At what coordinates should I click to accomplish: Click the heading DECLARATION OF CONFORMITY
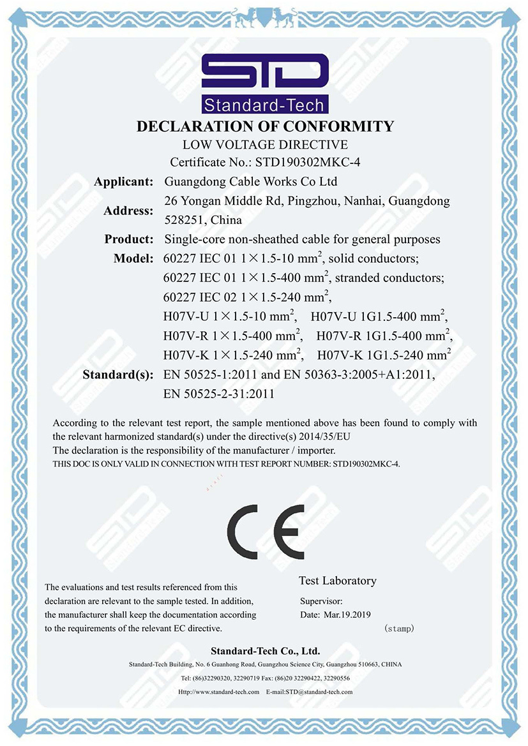tap(265, 126)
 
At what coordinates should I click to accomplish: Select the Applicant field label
tap(123, 182)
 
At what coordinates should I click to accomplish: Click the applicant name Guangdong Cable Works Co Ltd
tap(251, 182)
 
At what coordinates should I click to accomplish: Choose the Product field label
tap(129, 239)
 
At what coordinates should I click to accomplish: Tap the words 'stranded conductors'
tap(389, 278)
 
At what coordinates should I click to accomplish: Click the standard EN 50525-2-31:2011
tap(219, 394)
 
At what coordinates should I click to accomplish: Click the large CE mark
tap(265, 531)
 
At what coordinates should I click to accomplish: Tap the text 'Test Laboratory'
tap(337, 581)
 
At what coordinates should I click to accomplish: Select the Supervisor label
tap(321, 601)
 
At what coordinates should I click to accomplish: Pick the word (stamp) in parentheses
tap(400, 629)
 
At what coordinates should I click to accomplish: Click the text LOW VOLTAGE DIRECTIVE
tap(265, 144)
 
